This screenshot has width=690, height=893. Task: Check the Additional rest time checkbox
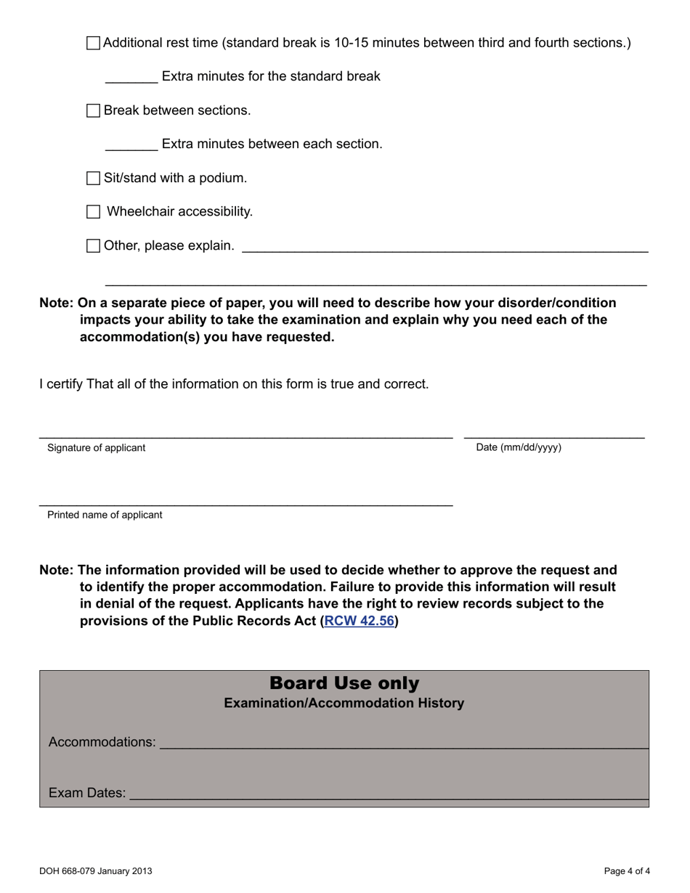pos(93,43)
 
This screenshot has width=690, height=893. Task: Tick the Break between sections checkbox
pos(93,110)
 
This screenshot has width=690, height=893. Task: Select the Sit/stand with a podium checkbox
pos(93,178)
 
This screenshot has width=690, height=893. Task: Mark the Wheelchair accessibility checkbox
pos(93,212)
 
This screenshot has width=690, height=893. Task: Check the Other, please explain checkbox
pos(93,246)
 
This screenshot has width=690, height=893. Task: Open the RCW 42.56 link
pos(359,621)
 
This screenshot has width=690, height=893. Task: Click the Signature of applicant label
pos(96,448)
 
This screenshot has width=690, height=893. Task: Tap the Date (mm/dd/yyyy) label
pos(519,447)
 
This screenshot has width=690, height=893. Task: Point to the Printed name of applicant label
pos(105,515)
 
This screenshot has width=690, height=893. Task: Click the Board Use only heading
pos(344,683)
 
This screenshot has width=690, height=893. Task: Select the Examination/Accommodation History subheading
pos(344,703)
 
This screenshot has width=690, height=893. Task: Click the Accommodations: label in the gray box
pos(102,742)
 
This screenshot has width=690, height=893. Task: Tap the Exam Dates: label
pos(87,793)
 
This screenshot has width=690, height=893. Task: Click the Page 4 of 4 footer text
pos(627,871)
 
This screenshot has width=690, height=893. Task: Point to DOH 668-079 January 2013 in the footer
pos(96,871)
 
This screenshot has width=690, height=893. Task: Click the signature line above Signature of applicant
pos(245,436)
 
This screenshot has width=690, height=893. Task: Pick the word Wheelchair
pos(141,212)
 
